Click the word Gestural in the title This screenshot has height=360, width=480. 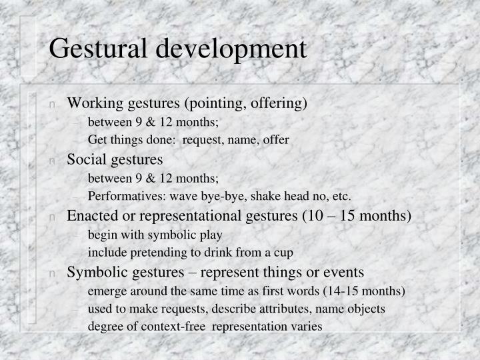[x=100, y=49]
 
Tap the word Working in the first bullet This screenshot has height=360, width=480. [x=91, y=103]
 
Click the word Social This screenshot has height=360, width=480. [x=85, y=159]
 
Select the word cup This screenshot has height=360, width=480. [x=283, y=253]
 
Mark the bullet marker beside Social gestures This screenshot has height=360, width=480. [x=52, y=160]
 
